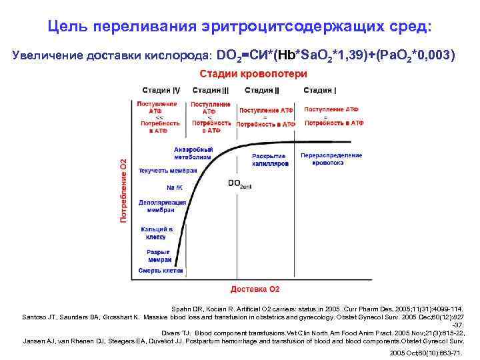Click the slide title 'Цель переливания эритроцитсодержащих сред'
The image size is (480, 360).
240,27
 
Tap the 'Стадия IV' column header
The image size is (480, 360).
161,90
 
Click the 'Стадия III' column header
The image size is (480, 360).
211,90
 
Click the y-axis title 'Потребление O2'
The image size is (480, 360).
123,191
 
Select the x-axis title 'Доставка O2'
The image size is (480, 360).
255,289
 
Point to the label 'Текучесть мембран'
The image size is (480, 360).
167,171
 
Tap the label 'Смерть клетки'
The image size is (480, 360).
160,270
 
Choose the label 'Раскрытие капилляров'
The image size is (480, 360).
270,159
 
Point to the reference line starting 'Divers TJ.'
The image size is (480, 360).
313,332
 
